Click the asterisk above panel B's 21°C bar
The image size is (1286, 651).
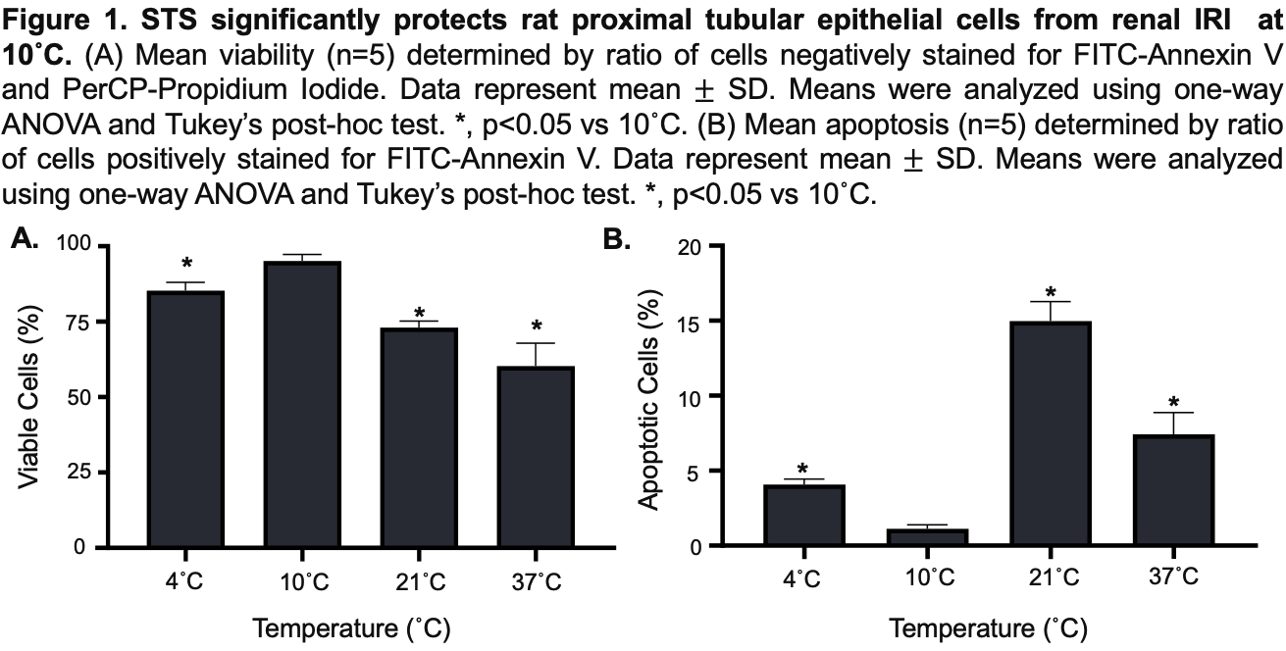1050,292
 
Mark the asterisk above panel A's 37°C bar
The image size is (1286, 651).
536,326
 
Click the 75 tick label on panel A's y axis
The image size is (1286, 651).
74,322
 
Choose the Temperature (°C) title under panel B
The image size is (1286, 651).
988,627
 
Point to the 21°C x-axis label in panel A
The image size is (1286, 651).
420,579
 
